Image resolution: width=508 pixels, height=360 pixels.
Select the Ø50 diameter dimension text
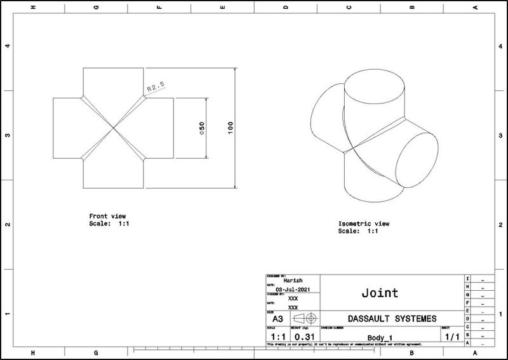point(201,129)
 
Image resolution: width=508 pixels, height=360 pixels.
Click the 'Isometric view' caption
point(364,224)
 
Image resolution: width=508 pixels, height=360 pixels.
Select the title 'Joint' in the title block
point(380,293)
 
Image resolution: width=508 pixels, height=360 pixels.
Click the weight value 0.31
point(305,335)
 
